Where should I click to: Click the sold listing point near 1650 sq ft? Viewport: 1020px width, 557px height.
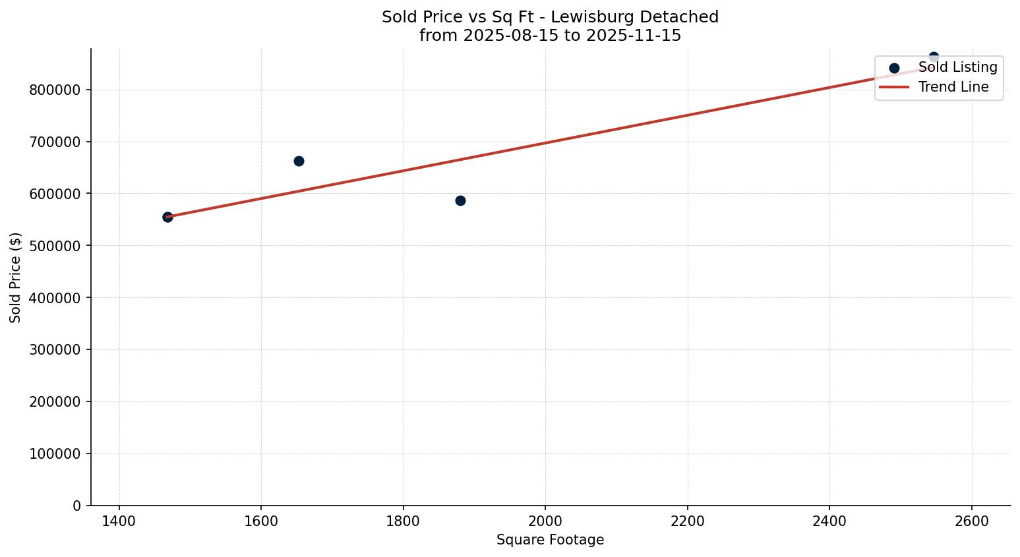point(299,161)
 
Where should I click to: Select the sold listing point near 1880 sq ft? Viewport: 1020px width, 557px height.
point(460,200)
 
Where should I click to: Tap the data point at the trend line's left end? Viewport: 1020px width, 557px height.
point(167,217)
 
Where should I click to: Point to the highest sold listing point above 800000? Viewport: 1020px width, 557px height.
point(934,57)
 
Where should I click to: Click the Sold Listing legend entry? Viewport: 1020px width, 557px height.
point(957,67)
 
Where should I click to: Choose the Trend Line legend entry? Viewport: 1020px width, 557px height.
point(953,87)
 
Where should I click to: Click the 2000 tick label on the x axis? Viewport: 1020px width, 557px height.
point(545,521)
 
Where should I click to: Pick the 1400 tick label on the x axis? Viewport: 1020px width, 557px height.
point(119,521)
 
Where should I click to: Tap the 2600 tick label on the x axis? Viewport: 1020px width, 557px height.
point(972,521)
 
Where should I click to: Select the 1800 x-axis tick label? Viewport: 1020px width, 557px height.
point(404,521)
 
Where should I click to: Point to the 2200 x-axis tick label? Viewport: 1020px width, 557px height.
point(688,521)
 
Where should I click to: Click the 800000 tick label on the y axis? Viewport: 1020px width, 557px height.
point(55,90)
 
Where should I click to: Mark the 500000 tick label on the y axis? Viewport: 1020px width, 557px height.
point(55,246)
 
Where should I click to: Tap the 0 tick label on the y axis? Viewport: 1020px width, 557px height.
point(77,506)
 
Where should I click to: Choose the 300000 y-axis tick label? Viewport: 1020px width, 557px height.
point(55,350)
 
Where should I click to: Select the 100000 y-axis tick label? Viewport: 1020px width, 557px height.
point(55,454)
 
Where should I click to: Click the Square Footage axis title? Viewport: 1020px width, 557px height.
point(550,540)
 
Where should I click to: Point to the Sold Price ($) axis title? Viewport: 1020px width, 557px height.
point(16,278)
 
